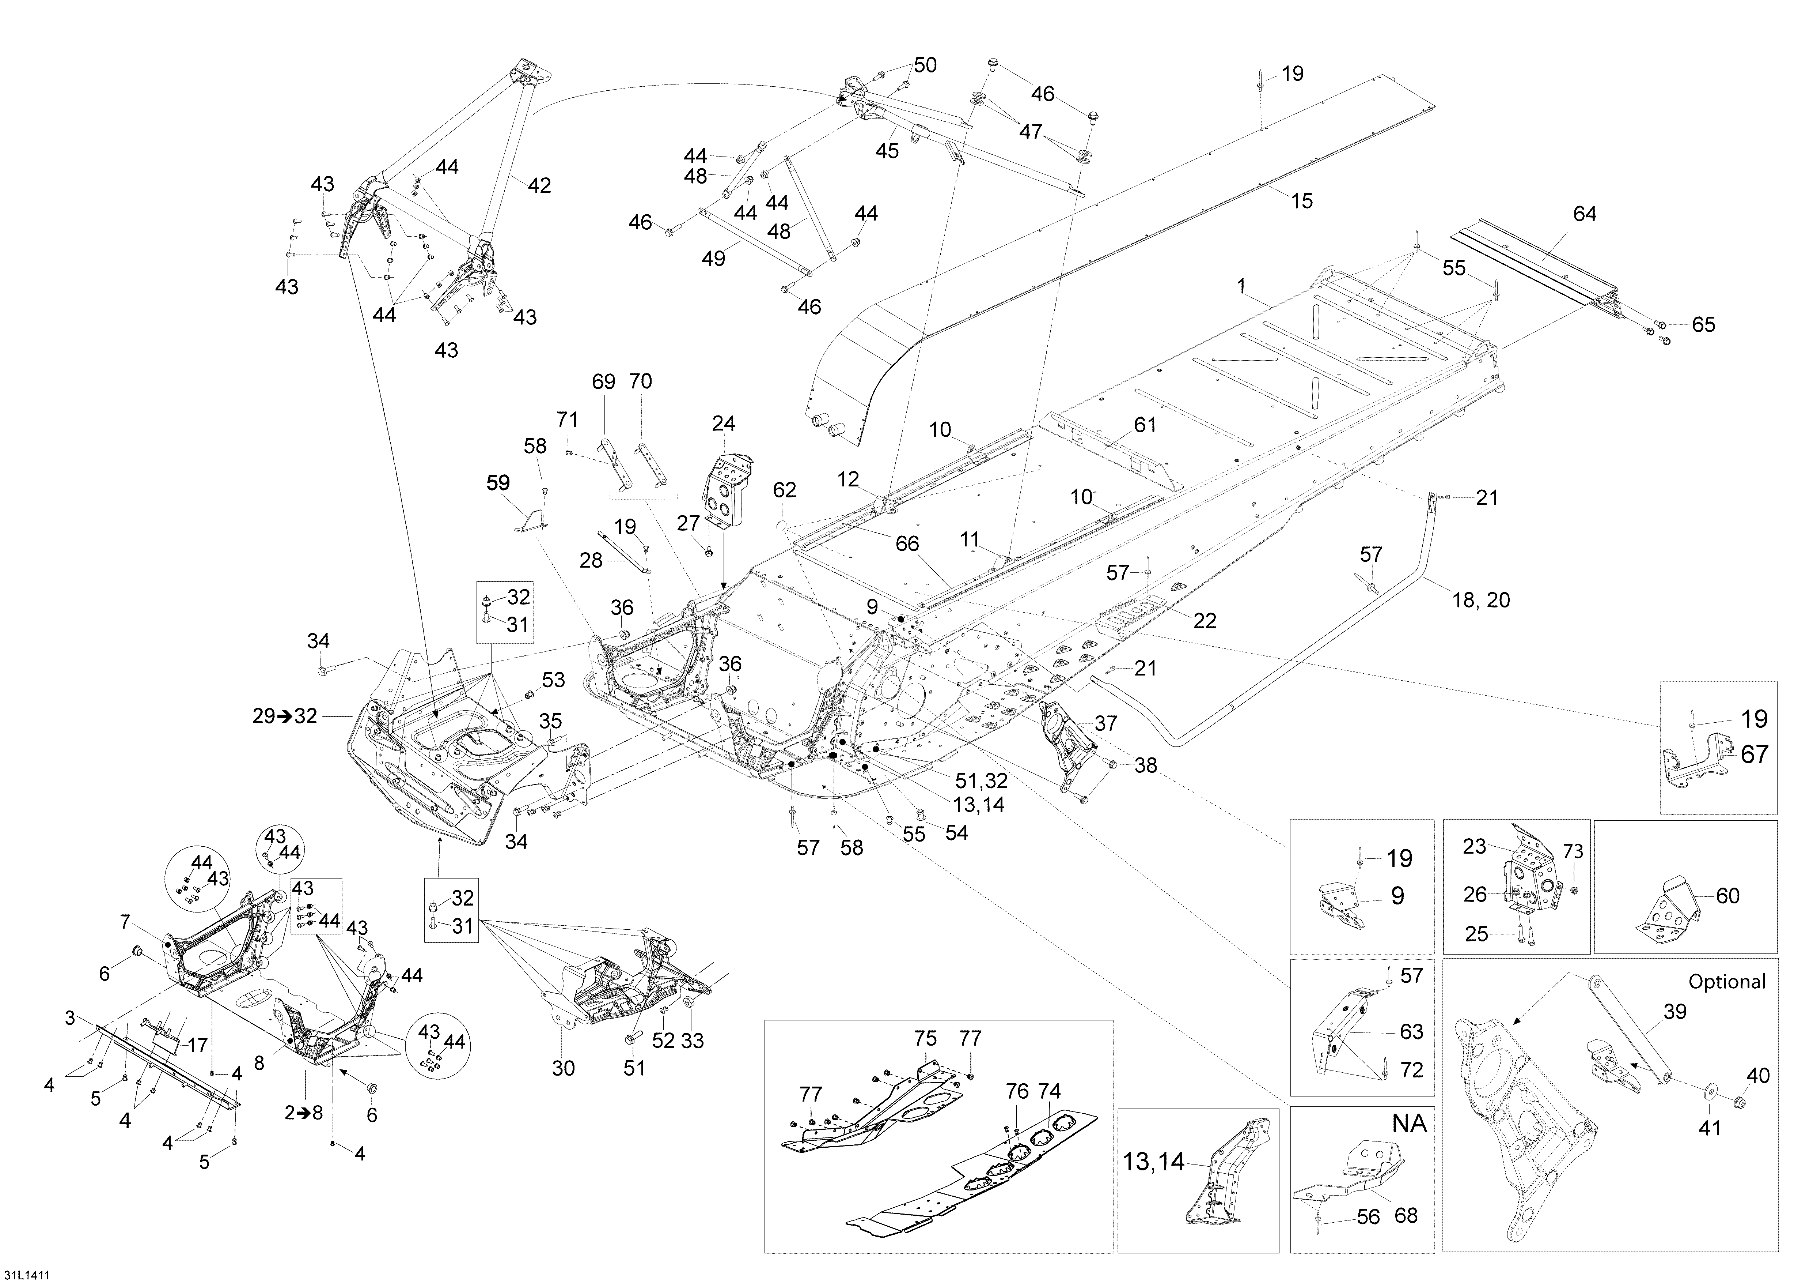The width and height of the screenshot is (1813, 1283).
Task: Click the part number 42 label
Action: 539,186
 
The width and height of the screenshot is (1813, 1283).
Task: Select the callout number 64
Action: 1584,214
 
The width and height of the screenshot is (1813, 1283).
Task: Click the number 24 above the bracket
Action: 723,424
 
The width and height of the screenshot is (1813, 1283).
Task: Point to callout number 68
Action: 1406,1215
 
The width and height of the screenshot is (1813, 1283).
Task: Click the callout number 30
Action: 563,1069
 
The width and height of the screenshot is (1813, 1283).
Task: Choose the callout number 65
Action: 1703,325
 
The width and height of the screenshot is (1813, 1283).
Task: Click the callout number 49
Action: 713,258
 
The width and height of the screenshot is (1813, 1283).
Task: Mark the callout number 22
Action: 1204,621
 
